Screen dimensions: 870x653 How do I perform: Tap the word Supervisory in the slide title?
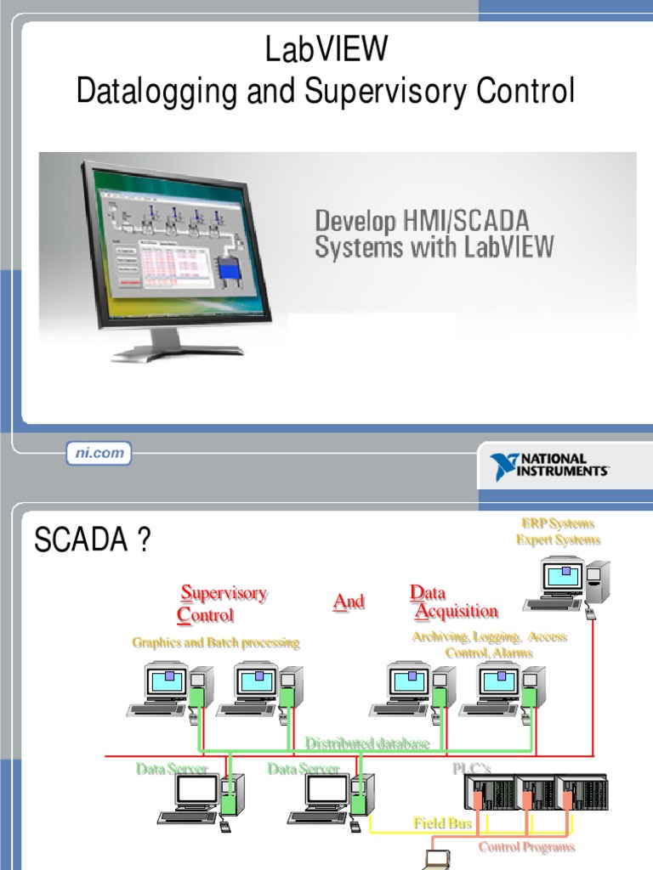tap(402, 91)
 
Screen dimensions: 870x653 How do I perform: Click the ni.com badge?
tap(99, 454)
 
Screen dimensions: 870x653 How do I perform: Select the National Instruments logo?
tap(549, 465)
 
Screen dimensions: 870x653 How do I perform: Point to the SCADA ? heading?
tap(92, 540)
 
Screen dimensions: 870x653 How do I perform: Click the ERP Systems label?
tap(558, 523)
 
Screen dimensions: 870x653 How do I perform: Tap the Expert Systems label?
tap(558, 540)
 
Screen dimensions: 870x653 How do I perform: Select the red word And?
tap(349, 602)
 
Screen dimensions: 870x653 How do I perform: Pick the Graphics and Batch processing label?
tap(216, 642)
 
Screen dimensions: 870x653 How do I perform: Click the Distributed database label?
tap(367, 743)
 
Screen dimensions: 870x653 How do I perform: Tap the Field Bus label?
tap(442, 822)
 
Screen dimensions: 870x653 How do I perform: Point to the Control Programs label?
tap(526, 846)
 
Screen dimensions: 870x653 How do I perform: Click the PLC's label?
tap(471, 769)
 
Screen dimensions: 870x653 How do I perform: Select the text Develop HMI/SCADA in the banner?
tap(422, 222)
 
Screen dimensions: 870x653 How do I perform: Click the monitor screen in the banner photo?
tap(180, 239)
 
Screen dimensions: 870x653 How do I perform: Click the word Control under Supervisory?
tap(206, 614)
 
